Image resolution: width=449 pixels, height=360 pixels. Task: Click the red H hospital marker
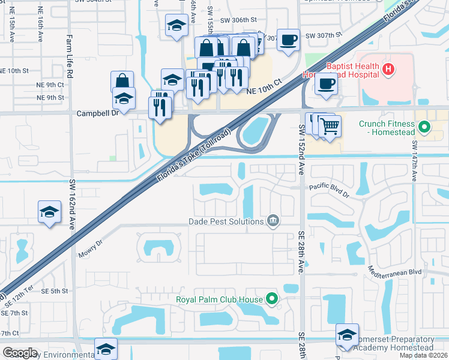(x=388, y=70)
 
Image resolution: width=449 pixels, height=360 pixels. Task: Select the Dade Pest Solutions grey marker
(x=273, y=221)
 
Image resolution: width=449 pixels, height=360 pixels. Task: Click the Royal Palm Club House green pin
(x=272, y=298)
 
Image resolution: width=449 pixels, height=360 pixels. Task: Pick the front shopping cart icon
(x=330, y=127)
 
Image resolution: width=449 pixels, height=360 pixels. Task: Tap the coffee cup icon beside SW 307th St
(x=289, y=40)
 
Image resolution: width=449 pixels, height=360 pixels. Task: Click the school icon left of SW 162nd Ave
(x=49, y=212)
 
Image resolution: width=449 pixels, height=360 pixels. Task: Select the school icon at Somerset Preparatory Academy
(x=347, y=335)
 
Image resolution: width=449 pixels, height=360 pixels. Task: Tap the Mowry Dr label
(x=91, y=248)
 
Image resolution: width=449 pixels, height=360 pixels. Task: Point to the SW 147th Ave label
(x=414, y=161)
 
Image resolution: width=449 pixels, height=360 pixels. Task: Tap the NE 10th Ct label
(x=264, y=88)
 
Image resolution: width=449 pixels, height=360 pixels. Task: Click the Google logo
(x=19, y=353)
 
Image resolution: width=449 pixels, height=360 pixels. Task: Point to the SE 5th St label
(x=54, y=291)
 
